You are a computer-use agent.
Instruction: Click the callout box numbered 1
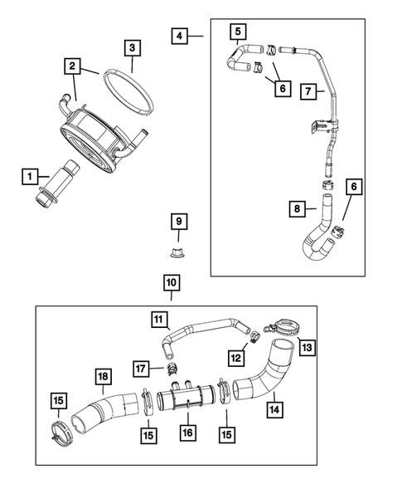(31, 176)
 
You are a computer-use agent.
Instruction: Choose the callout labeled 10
(171, 284)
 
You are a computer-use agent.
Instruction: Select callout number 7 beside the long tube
(306, 91)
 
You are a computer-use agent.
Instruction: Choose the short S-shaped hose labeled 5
(240, 59)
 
